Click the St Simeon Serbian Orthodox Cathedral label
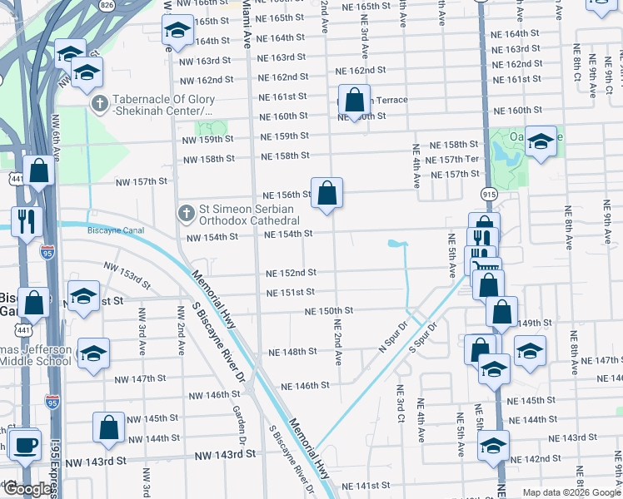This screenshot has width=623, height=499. click(x=248, y=214)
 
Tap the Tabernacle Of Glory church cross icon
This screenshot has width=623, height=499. click(x=99, y=102)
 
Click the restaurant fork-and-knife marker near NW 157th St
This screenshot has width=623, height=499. click(x=26, y=220)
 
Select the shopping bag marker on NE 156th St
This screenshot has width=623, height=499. click(x=327, y=192)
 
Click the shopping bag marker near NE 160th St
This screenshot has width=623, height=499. click(x=354, y=100)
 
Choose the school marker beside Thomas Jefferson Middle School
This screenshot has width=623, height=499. click(x=93, y=353)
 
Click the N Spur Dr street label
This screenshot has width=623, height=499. click(x=396, y=337)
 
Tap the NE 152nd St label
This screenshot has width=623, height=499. click(x=291, y=273)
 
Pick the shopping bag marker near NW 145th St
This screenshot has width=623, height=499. click(x=109, y=427)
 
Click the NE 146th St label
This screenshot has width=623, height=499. click(x=305, y=386)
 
